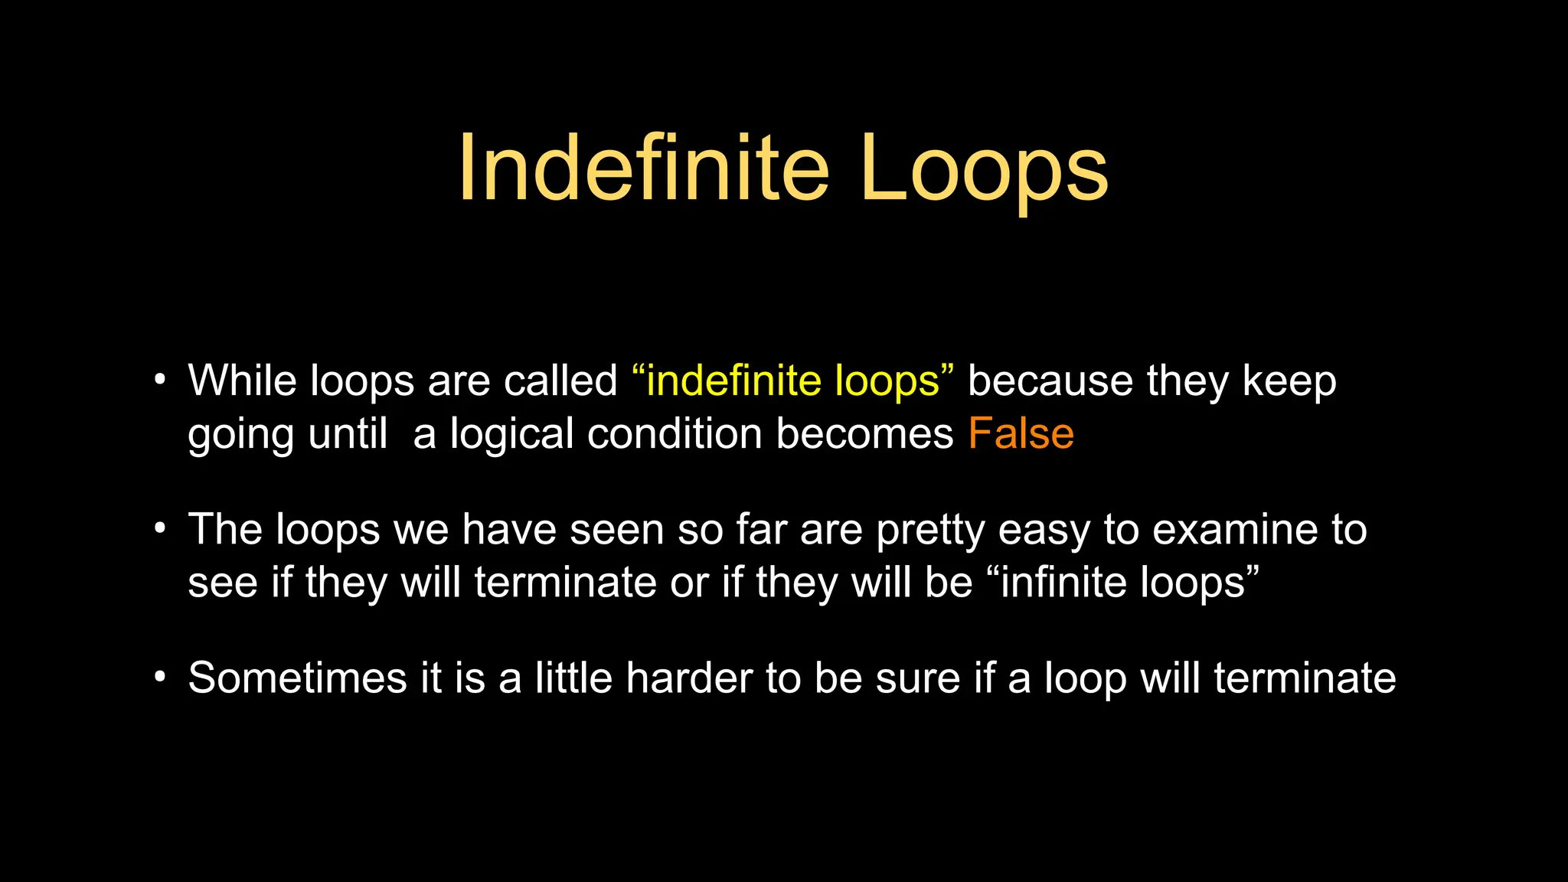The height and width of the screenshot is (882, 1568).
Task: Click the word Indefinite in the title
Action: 643,168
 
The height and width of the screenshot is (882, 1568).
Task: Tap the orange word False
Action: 1021,433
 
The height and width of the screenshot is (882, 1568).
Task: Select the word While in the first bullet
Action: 242,381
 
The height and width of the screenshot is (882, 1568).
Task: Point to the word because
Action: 1050,381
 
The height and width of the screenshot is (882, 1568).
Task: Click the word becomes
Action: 864,433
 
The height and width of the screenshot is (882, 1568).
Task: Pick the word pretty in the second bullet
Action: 930,530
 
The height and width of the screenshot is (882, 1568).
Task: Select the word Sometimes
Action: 297,678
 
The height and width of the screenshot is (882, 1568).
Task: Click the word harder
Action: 688,678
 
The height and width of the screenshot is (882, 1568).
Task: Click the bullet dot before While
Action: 159,380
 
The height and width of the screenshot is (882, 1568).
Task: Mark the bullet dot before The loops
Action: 159,528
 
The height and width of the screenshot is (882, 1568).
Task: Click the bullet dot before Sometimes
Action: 159,678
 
